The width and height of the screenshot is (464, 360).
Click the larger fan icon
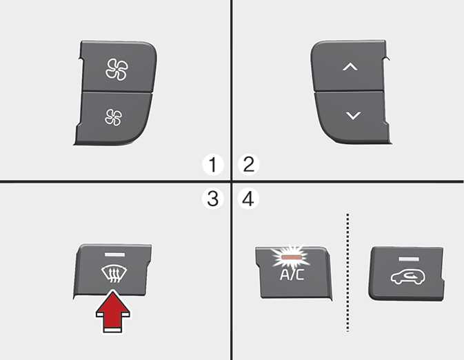pyautogui.click(x=117, y=70)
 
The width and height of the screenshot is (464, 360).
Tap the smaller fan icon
pyautogui.click(x=113, y=117)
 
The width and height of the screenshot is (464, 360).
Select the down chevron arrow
pyautogui.click(x=353, y=115)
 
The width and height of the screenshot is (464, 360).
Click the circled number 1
pyautogui.click(x=213, y=165)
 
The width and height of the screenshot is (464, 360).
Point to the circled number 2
pyautogui.click(x=249, y=164)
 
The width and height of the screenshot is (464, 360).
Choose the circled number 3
pyautogui.click(x=212, y=199)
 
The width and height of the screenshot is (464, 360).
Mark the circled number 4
pyautogui.click(x=249, y=199)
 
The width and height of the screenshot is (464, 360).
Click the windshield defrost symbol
pyautogui.click(x=114, y=274)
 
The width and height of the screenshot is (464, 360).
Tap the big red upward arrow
pyautogui.click(x=113, y=312)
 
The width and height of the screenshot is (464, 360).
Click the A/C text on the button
pyautogui.click(x=292, y=274)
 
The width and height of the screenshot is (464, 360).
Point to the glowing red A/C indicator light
pyautogui.click(x=292, y=257)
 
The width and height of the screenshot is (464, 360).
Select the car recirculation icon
pyautogui.click(x=407, y=277)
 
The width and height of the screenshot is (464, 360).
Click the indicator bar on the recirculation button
pyautogui.click(x=409, y=259)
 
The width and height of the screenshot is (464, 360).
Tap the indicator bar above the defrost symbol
pyautogui.click(x=114, y=254)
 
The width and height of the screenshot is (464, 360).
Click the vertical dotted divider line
pyautogui.click(x=347, y=272)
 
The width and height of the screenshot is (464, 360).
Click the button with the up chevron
pyautogui.click(x=349, y=66)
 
